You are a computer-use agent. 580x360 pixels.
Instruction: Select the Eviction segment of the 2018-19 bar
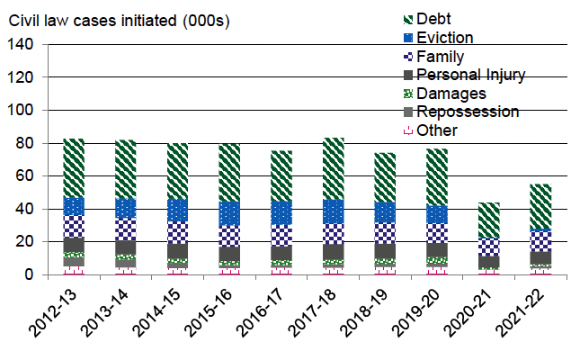point(386,212)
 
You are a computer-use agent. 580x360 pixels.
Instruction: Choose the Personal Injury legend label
point(484,75)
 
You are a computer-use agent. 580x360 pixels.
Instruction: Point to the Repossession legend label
point(480,112)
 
